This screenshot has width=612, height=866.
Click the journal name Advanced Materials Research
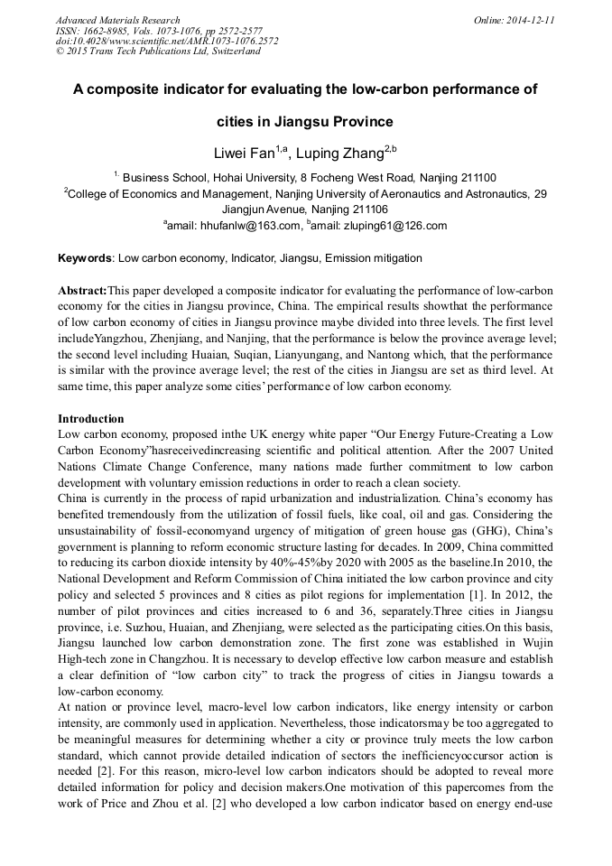[x=117, y=20]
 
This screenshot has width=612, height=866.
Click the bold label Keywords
[x=85, y=258]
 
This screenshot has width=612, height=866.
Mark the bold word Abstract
[x=81, y=291]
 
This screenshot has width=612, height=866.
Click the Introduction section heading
[x=91, y=419]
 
